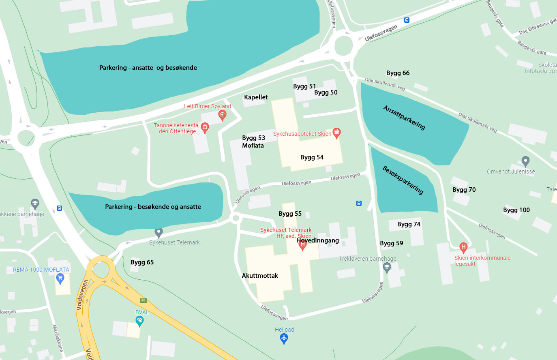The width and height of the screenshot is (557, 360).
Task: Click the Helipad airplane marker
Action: (284, 338)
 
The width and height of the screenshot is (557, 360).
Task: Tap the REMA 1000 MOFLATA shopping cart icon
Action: (60, 278)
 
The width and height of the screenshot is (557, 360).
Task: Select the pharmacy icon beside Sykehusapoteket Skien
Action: (336, 133)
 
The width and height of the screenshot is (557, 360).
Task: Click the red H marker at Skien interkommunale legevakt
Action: (463, 247)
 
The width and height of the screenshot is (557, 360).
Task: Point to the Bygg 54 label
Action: (312, 157)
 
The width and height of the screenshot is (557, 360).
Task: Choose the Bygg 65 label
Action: (142, 262)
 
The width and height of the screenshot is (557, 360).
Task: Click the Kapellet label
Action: (256, 97)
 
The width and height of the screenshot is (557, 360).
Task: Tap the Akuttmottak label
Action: (260, 276)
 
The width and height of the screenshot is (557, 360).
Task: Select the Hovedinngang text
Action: (317, 240)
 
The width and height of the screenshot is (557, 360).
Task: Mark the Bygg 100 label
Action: (516, 210)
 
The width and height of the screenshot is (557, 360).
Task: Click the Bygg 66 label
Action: (398, 73)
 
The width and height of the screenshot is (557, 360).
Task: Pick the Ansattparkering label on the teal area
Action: (404, 118)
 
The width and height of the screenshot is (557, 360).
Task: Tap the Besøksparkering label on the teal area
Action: (403, 180)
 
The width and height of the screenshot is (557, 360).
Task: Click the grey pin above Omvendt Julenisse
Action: (525, 161)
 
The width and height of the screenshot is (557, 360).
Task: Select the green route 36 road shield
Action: (143, 300)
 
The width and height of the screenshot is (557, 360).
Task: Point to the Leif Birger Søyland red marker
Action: (222, 115)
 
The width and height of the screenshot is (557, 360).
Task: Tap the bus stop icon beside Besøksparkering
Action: (359, 203)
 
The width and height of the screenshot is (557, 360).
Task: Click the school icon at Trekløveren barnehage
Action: (387, 267)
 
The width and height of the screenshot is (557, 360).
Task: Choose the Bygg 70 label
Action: (464, 190)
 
